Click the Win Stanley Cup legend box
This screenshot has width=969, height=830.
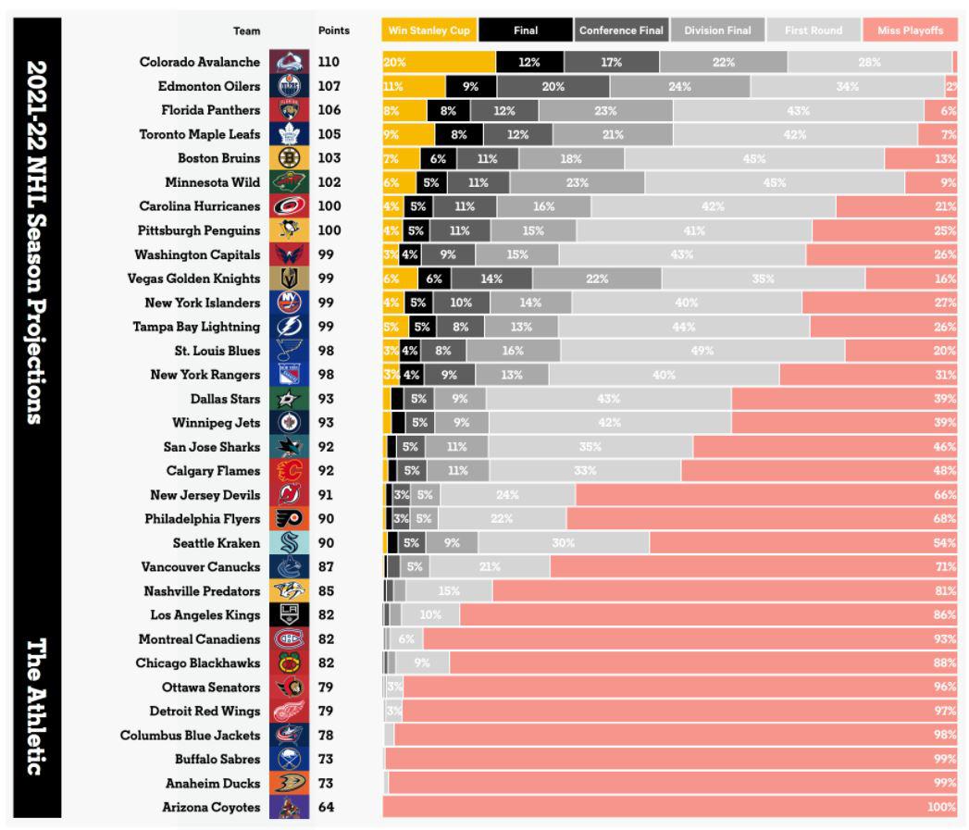tap(427, 31)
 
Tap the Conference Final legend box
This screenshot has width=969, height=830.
tap(621, 31)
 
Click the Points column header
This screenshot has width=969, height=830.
tap(333, 31)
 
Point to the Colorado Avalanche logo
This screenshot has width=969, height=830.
tap(288, 63)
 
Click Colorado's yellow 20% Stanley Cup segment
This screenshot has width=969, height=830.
tap(439, 63)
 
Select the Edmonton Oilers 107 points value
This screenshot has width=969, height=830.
tap(329, 86)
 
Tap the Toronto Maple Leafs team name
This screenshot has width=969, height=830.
tap(200, 134)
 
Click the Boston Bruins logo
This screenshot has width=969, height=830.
tap(288, 158)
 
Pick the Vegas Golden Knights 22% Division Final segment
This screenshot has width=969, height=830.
tap(597, 279)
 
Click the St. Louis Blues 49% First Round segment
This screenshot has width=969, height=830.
tap(702, 351)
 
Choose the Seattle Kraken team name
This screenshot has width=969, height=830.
tap(217, 543)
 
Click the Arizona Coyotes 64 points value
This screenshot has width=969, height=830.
tap(327, 808)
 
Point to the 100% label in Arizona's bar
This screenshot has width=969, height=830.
tap(941, 808)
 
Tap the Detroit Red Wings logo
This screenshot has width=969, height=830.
tap(288, 712)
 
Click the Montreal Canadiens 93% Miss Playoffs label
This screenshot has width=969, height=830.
tap(944, 639)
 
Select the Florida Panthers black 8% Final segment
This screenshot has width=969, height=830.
tap(448, 110)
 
